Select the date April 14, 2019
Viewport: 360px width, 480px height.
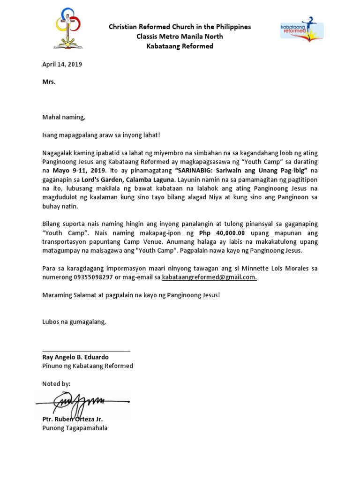[62, 65]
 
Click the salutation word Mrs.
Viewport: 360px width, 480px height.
[49, 82]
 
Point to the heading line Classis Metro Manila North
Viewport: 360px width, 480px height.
[180, 37]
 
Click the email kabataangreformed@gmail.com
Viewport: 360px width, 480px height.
[209, 277]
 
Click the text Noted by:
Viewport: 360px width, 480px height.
[56, 383]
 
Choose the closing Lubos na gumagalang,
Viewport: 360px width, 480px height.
[74, 322]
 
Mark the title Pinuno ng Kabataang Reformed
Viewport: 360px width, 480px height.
[88, 366]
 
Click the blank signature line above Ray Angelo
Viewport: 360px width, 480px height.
[86, 351]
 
